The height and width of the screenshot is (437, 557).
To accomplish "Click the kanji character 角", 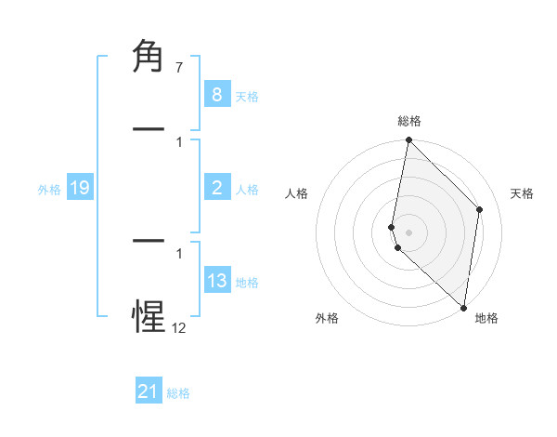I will point(149,58).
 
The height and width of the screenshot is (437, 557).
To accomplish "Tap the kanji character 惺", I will point(149,317).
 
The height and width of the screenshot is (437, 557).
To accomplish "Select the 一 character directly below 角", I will point(149,129).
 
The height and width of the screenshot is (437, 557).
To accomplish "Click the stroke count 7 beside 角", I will point(178,69).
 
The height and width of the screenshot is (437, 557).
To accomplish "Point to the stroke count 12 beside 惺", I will point(178,327).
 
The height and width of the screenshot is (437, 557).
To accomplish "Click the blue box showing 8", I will point(216,95).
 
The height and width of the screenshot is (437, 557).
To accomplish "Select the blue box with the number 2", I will point(216,188).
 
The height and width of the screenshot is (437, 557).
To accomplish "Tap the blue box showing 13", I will point(216,281).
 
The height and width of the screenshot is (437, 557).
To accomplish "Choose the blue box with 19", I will point(80,188).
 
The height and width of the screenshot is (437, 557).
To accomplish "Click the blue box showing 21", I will point(149,391).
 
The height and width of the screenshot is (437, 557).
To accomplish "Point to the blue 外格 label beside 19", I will point(49,190).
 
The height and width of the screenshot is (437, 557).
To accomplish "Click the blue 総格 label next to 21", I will point(178,393).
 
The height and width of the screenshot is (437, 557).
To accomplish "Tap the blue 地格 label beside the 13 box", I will point(247,283).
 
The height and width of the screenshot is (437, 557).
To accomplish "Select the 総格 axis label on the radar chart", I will point(408,121).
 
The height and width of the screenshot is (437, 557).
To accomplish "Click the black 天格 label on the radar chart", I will point(522,193).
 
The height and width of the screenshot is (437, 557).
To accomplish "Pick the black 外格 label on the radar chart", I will point(327,318).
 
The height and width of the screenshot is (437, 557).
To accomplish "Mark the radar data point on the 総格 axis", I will point(408,140).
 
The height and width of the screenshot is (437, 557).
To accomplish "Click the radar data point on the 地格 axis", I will point(463,308).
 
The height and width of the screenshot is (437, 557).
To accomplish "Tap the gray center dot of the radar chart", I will point(408,232).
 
